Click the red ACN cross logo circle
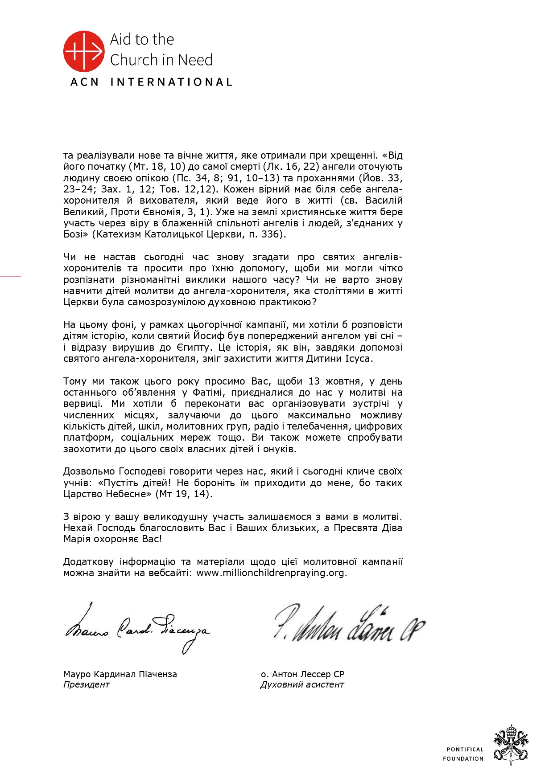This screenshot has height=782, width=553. [x=83, y=51]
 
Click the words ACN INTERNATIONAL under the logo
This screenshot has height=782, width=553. [x=151, y=82]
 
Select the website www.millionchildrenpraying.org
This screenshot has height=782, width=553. [x=271, y=573]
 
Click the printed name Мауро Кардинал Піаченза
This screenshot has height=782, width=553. [x=120, y=675]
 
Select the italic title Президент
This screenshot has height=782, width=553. [x=86, y=685]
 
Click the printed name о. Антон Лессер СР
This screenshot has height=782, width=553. [x=302, y=675]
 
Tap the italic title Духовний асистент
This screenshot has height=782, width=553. [x=302, y=685]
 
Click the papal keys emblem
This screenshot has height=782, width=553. [x=511, y=745]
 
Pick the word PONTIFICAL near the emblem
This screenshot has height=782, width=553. [x=465, y=749]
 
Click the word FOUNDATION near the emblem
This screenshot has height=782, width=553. [x=463, y=759]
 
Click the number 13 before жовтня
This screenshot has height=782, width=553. [x=314, y=381]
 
